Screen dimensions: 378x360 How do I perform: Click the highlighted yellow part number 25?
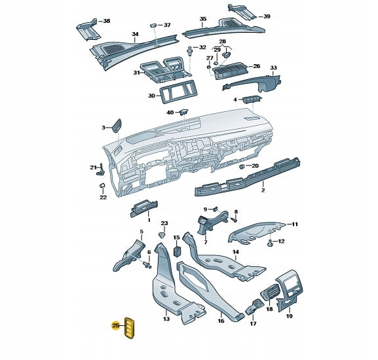[116, 325]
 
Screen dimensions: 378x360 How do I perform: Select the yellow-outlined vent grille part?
[129, 328]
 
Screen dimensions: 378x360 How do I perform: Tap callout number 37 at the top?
[167, 25]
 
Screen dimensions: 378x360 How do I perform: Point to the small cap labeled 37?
[153, 26]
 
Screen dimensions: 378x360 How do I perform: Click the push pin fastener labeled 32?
[191, 51]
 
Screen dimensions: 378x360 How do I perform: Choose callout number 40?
[170, 113]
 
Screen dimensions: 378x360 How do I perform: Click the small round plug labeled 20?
[242, 166]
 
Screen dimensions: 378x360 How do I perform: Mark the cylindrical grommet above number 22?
[102, 185]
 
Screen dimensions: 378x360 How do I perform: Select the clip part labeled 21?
[101, 170]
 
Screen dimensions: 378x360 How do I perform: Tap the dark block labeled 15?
[178, 251]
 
